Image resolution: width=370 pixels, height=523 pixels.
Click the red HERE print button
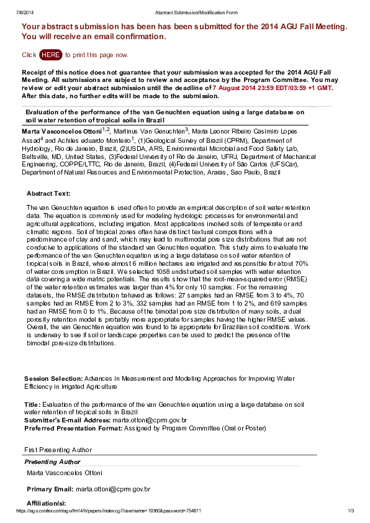[x=50, y=55]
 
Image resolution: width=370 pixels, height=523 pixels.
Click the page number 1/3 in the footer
[x=350, y=511]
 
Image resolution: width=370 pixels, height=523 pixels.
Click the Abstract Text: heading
[x=48, y=193]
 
